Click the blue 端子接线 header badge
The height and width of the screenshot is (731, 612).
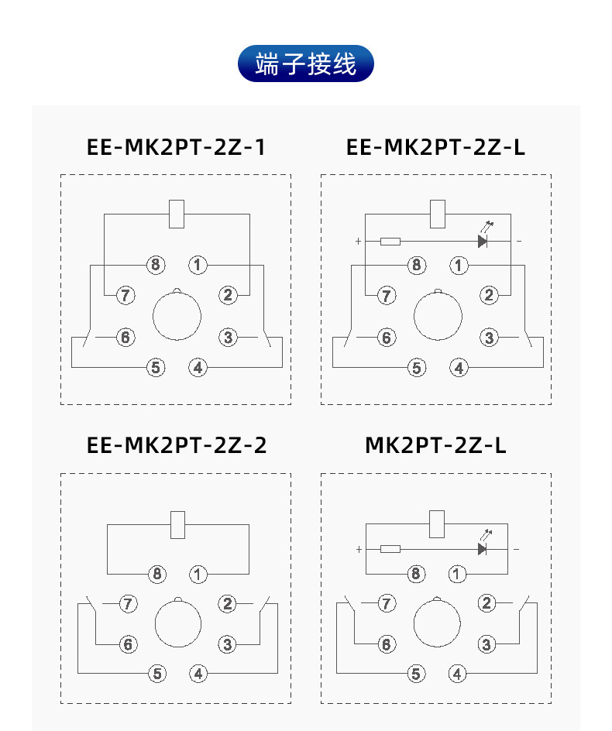[305, 63]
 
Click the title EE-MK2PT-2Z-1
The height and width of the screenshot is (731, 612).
[176, 147]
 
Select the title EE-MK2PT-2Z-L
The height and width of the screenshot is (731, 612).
[435, 147]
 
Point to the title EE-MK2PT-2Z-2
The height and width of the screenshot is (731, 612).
[177, 446]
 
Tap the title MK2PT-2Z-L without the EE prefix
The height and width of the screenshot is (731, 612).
[435, 446]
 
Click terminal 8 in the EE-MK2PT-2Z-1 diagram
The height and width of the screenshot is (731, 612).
[156, 266]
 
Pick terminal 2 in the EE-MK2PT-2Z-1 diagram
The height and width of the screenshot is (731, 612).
[228, 294]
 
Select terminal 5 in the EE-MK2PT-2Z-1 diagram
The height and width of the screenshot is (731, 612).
[156, 367]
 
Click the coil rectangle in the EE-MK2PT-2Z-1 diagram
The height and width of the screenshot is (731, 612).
[177, 214]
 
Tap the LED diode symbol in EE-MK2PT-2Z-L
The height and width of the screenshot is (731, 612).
[483, 242]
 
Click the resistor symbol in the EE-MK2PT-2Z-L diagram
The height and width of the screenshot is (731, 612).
[390, 242]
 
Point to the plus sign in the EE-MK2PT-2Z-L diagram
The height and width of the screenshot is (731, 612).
[358, 242]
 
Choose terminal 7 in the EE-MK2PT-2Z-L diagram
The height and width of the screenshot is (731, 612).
[386, 295]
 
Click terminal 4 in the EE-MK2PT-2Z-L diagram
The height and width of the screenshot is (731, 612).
[460, 368]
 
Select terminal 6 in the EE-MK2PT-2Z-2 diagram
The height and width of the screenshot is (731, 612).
[129, 644]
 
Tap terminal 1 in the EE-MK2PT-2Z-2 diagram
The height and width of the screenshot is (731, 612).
[199, 575]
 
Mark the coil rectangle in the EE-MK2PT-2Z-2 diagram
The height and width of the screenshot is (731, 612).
[177, 525]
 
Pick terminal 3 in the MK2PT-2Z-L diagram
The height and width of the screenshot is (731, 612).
[487, 644]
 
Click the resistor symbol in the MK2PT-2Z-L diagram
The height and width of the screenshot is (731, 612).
[390, 549]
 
